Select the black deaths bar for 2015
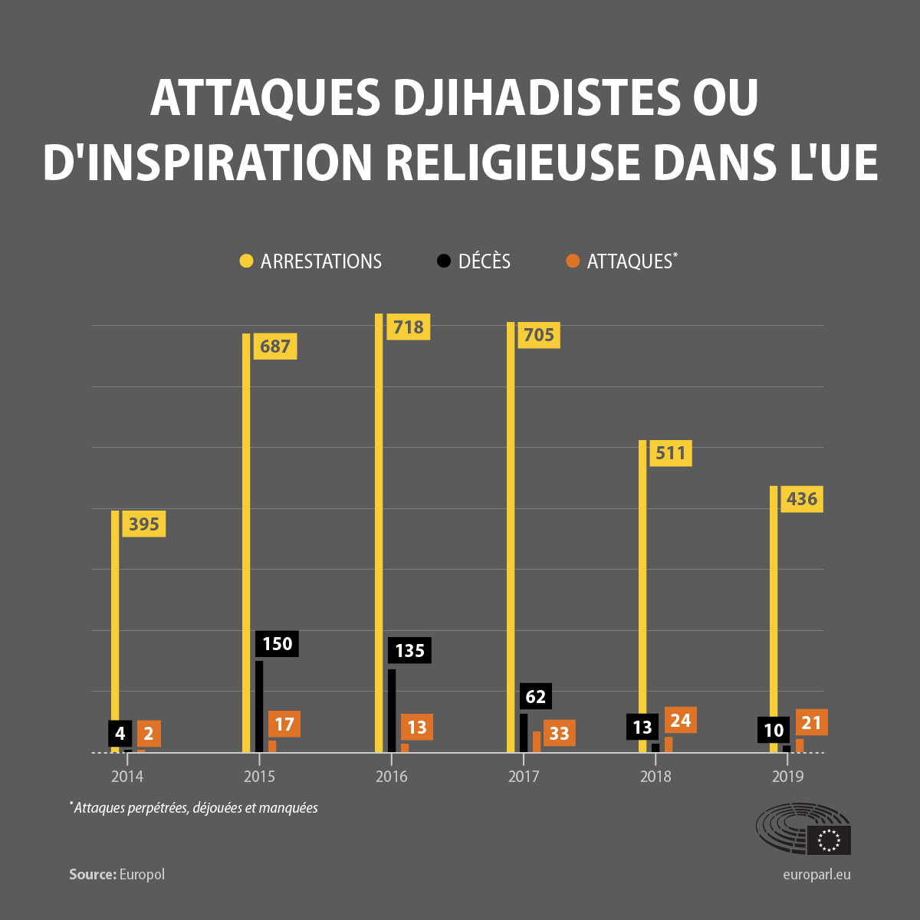[259, 706]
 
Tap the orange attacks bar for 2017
[537, 741]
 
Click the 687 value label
[274, 347]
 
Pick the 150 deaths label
[277, 643]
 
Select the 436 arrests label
[801, 499]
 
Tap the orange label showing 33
[559, 734]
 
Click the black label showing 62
[535, 696]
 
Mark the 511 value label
[670, 453]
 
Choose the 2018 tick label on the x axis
[655, 777]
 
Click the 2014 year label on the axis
[127, 777]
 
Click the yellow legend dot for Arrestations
[246, 261]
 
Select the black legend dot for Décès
[443, 261]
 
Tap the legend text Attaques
[629, 261]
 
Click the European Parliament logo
[803, 829]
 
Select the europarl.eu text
[816, 874]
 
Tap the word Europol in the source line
[142, 874]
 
